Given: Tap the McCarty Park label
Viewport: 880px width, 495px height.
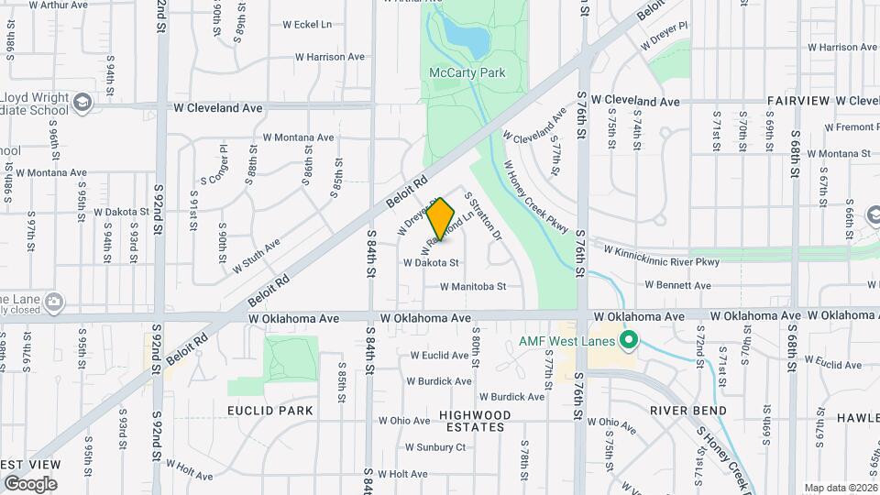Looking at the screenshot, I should [x=467, y=72].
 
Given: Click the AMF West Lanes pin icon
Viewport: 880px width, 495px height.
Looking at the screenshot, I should [x=628, y=341].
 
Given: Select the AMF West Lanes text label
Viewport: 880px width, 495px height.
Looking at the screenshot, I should [x=567, y=341].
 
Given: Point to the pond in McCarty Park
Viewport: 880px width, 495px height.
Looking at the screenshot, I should [x=467, y=37].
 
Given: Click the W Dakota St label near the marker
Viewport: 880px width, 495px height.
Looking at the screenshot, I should [x=431, y=263].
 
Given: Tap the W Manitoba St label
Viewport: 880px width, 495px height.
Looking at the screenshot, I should [x=473, y=287].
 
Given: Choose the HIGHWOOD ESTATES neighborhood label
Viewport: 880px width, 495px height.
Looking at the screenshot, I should [x=473, y=421].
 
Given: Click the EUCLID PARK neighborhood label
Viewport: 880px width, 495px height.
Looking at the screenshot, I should [x=270, y=411].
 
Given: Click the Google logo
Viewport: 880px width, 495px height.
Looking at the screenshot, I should [x=30, y=484].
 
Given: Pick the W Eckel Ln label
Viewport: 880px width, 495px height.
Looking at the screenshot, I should [x=307, y=25].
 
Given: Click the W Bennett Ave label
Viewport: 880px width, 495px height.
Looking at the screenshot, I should [x=677, y=286].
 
